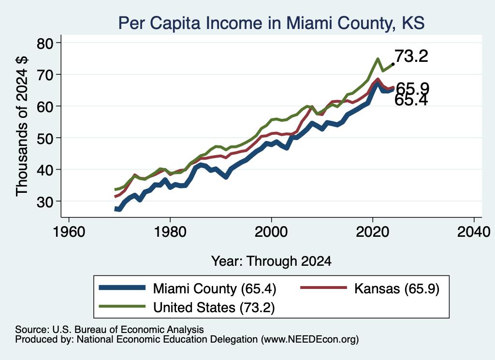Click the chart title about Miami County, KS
pos(271,23)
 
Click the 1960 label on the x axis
pos(69,232)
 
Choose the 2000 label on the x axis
pos(271,232)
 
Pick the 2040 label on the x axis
pos(474,232)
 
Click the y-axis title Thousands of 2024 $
pos(22,126)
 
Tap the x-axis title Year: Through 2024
pos(271,261)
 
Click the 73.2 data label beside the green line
pos(411,56)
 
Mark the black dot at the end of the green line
pos(393,64)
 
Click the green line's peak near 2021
pos(378,59)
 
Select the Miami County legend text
pos(215,288)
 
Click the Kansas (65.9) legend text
pos(397,288)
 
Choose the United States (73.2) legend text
pos(214,308)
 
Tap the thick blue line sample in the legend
pos(122,288)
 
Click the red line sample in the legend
pos(323,288)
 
